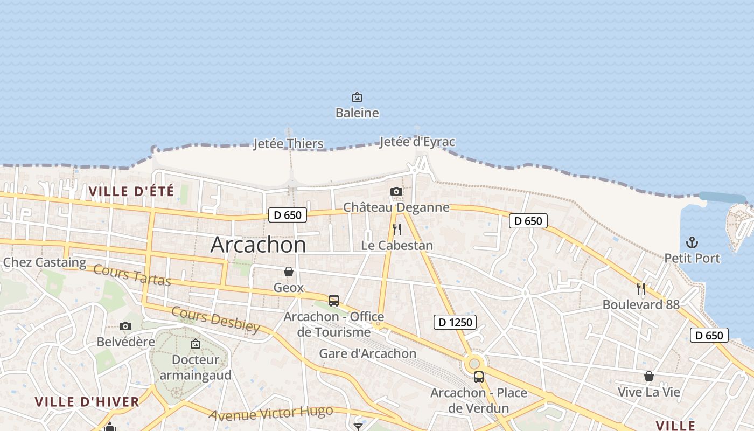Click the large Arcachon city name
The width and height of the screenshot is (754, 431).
coord(258,245)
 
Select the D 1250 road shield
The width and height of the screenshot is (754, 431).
coord(455,322)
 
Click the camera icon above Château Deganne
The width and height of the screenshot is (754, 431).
coord(396,191)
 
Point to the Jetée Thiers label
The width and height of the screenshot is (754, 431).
coord(289,144)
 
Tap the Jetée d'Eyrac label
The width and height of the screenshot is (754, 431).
coord(417,142)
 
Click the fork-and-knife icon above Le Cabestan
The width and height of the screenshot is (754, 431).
coord(397,230)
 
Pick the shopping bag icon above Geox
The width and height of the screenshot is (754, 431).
coord(289,271)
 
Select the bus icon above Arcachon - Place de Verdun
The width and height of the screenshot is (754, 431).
coord(478,377)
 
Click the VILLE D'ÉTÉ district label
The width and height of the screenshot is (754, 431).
coord(131,191)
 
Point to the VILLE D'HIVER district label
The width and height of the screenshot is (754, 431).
coord(87,401)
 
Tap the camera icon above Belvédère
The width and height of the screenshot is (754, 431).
coord(125,326)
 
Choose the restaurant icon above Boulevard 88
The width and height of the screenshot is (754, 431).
coord(641,288)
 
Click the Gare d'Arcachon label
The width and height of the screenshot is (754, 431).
coord(368,353)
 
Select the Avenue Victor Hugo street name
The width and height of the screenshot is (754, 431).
coord(271,414)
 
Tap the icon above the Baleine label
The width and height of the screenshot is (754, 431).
coord(357,97)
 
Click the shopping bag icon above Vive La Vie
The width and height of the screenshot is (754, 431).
coord(649,376)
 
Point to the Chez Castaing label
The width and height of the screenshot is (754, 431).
coord(45,262)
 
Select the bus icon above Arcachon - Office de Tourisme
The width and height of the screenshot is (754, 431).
coord(334,300)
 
